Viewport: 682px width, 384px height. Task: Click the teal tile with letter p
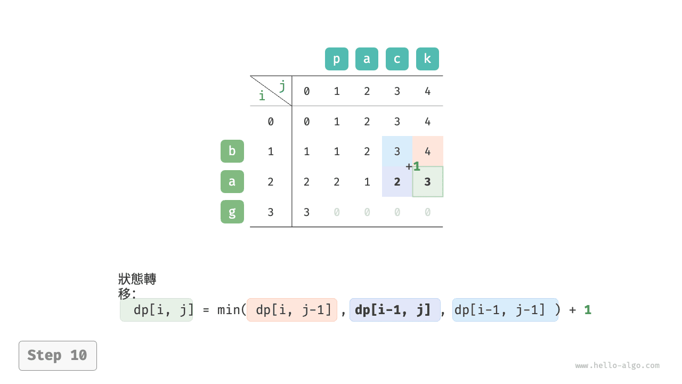point(336,59)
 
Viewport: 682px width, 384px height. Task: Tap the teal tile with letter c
point(397,59)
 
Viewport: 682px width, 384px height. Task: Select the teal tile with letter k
point(427,59)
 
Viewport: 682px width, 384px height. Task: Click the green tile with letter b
point(232,151)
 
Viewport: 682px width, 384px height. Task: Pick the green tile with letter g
point(232,212)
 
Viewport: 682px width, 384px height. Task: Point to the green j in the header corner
point(282,86)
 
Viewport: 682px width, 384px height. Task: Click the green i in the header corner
point(262,95)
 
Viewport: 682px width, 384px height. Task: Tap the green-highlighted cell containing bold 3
point(428,182)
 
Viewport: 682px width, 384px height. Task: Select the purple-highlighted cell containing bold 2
point(397,182)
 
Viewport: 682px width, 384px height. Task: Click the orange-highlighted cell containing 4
point(428,151)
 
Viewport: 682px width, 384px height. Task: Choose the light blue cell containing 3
point(397,151)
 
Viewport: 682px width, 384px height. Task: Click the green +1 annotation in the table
point(413,166)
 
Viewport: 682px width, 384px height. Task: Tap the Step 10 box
point(58,356)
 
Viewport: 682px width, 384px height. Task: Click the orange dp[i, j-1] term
point(292,310)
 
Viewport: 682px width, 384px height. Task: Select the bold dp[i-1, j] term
point(395,310)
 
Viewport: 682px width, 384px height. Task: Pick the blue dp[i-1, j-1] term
point(506,310)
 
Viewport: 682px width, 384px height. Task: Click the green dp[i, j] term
point(157,310)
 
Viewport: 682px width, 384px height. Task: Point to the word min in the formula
point(228,310)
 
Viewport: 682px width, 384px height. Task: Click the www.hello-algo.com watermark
point(617,365)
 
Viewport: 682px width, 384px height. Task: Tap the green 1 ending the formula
point(588,310)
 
